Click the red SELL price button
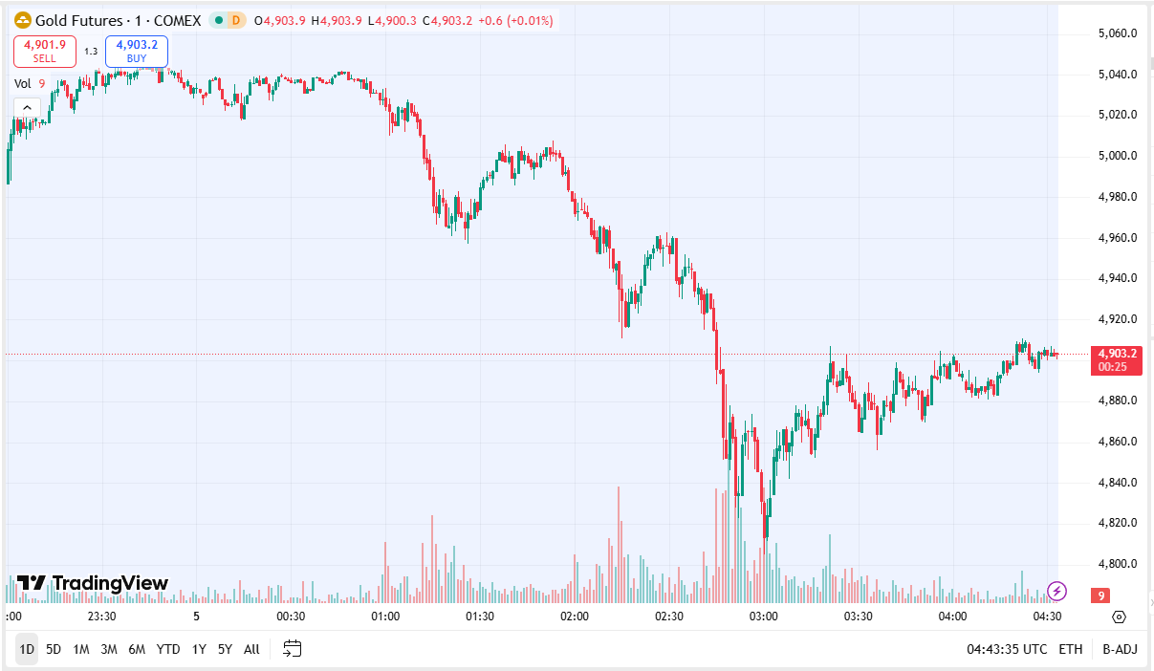(x=44, y=51)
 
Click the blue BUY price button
(x=137, y=51)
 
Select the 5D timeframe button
(x=54, y=649)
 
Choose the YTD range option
(x=168, y=649)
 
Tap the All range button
(x=251, y=649)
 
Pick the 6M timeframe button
(x=137, y=649)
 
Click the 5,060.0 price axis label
(x=1117, y=33)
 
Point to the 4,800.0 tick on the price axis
(x=1117, y=564)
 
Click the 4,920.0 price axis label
(x=1117, y=319)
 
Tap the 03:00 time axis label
(x=763, y=617)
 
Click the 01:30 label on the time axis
(x=479, y=617)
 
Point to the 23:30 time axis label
(x=101, y=617)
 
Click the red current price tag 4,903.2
(x=1116, y=354)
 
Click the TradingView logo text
(x=109, y=583)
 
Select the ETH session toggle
(x=1071, y=649)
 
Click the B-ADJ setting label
(x=1120, y=649)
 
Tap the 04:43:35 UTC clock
(x=1006, y=649)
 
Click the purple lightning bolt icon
(x=1057, y=591)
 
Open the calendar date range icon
(x=293, y=649)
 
